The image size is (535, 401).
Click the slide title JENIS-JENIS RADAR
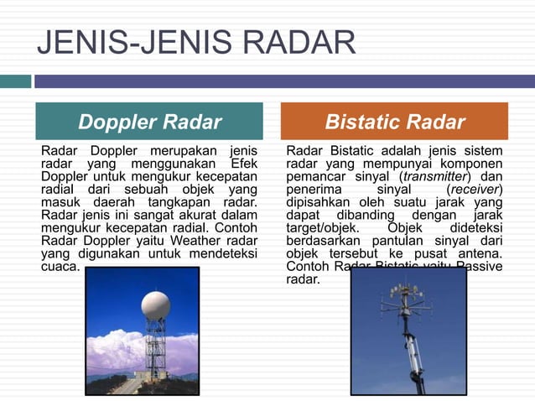196,42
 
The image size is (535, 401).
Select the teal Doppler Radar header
149,122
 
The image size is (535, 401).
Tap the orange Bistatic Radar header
394,122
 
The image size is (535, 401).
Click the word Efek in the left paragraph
240,164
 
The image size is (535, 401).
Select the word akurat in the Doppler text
168,215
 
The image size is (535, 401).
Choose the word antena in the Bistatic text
480,253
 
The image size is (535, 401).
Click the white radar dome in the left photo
155,305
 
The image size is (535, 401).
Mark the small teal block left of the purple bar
15,81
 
